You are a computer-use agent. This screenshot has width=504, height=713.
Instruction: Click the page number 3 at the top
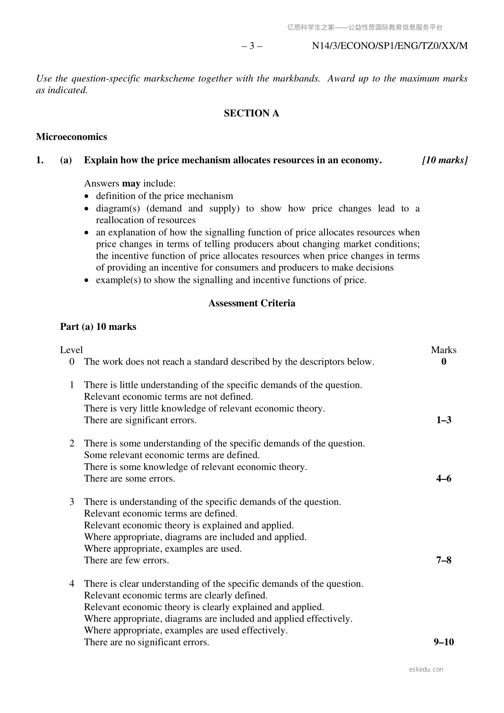pyautogui.click(x=252, y=46)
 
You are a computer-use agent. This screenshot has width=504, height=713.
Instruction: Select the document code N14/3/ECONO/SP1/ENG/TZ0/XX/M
pyautogui.click(x=389, y=46)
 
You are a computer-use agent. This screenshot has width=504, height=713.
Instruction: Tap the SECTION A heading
pyautogui.click(x=251, y=113)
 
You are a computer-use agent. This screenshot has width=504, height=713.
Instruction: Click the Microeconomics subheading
pyautogui.click(x=72, y=137)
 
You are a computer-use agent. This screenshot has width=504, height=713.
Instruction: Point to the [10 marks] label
pyautogui.click(x=445, y=160)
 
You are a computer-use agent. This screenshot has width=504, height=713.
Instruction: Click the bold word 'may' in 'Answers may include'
pyautogui.click(x=131, y=184)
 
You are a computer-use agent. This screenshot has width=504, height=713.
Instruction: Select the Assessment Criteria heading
pyautogui.click(x=252, y=303)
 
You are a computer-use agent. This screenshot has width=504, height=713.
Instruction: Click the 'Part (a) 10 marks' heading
pyautogui.click(x=98, y=326)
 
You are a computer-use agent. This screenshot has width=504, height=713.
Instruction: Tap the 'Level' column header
pyautogui.click(x=71, y=350)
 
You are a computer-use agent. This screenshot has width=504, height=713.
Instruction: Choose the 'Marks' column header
pyautogui.click(x=443, y=350)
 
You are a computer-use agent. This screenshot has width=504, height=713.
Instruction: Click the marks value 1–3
pyautogui.click(x=443, y=420)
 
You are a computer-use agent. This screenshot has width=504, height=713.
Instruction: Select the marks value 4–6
pyautogui.click(x=443, y=478)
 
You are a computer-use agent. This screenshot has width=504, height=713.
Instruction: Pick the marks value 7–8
pyautogui.click(x=443, y=560)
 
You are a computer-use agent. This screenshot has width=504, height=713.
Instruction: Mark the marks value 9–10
pyautogui.click(x=443, y=642)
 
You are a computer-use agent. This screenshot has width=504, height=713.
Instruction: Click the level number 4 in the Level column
pyautogui.click(x=72, y=584)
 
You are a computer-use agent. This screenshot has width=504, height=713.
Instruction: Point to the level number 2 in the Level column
pyautogui.click(x=72, y=443)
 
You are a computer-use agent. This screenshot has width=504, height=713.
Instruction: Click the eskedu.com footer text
pyautogui.click(x=426, y=669)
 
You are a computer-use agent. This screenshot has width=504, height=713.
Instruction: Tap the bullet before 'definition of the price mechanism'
pyautogui.click(x=87, y=196)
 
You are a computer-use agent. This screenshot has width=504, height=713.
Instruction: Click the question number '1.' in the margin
pyautogui.click(x=40, y=160)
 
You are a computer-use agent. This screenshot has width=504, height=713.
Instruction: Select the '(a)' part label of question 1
pyautogui.click(x=66, y=160)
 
